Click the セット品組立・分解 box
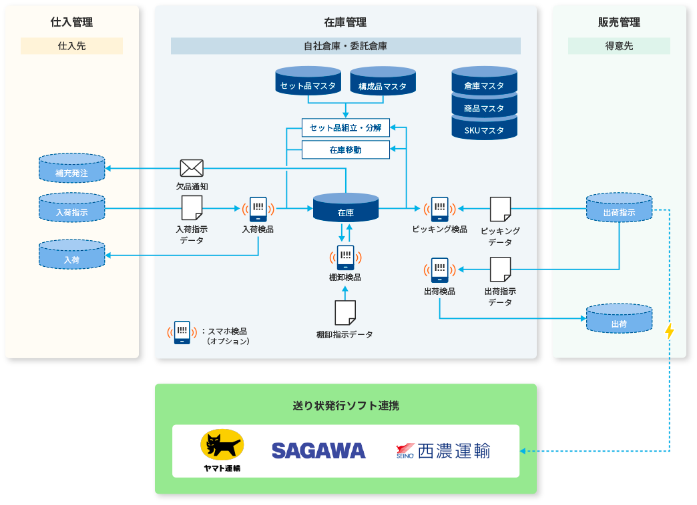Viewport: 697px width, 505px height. click(346, 127)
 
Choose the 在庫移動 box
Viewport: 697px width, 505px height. click(346, 150)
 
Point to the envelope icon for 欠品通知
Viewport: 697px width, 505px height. click(192, 168)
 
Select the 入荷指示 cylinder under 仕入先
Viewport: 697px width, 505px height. click(71, 207)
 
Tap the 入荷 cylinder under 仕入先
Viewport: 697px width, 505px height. click(71, 255)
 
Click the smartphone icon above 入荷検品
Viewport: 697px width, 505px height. click(258, 209)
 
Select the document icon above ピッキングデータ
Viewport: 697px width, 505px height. click(500, 209)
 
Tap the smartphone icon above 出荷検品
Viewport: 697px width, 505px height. click(439, 270)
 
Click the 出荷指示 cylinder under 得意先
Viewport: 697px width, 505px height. click(619, 208)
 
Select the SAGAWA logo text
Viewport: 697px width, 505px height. click(318, 451)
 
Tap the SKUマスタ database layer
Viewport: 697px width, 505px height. click(484, 130)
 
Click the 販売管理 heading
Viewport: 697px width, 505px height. click(619, 22)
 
